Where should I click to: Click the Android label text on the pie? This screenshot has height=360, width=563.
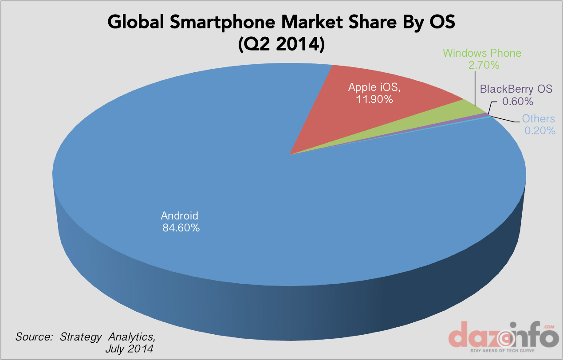point(179,216)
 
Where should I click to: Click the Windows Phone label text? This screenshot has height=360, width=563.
point(482,54)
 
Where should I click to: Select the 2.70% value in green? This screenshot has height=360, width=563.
point(484,65)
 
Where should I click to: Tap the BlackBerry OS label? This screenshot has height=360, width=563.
point(516,89)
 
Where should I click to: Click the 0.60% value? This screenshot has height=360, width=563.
point(517,101)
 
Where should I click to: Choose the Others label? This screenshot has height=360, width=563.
point(538,118)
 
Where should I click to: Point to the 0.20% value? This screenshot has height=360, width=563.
point(539,130)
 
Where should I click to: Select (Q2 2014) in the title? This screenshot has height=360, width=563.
point(281,44)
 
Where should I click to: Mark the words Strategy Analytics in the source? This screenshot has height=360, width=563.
point(108,336)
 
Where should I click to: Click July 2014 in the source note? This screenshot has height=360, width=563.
point(129,349)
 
